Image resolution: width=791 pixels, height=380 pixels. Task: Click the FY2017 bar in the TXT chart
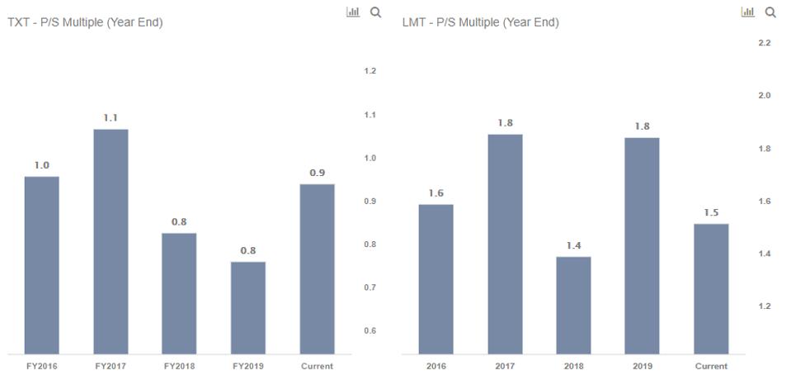111,241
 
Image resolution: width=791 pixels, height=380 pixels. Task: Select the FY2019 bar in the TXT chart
248,307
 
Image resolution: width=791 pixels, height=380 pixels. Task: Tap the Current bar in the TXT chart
317,268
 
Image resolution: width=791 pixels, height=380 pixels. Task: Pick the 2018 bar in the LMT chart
573,305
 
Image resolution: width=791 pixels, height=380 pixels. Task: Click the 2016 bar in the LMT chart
436,278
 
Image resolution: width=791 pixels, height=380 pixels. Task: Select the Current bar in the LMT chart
711,288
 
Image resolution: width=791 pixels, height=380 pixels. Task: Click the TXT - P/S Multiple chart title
85,22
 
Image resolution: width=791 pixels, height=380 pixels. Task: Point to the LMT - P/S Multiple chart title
480,22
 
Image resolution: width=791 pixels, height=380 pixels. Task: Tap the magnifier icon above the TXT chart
376,12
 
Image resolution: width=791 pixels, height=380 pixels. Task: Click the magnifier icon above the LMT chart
771,12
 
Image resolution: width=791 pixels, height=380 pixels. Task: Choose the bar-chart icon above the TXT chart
353,12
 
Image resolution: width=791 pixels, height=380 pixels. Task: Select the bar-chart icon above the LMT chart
748,12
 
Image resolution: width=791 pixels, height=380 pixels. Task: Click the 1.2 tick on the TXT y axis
370,72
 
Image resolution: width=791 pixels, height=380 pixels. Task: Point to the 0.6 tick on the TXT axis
370,331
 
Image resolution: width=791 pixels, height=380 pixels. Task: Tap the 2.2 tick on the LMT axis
764,43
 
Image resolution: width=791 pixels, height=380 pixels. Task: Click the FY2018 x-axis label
179,366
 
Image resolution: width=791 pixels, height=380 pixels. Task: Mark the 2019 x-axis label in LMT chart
642,366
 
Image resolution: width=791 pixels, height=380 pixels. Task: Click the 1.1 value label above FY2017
111,118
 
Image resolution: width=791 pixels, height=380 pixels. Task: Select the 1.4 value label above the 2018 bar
573,245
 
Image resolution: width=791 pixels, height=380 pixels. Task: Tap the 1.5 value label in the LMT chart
711,213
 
